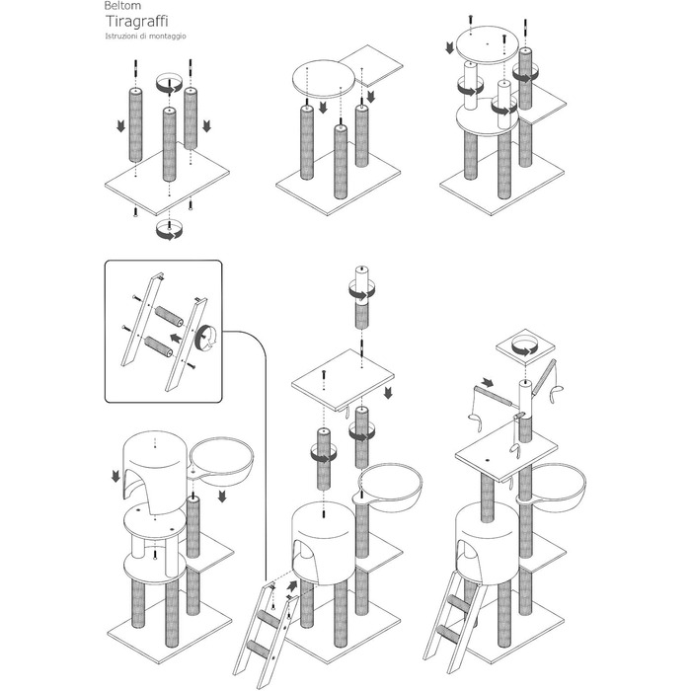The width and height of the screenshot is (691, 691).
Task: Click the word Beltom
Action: pos(122,6)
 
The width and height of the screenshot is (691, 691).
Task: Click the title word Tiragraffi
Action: pos(136,21)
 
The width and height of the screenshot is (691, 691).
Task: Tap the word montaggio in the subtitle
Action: pos(167,37)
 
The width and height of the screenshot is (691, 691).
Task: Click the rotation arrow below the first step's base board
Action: pos(170,230)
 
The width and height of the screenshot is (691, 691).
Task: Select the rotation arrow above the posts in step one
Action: pos(170,84)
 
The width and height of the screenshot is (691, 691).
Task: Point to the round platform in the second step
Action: pos(323,80)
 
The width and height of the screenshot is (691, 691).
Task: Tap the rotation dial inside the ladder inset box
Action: pos(205,339)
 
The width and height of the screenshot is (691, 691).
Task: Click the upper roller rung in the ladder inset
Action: pos(169,317)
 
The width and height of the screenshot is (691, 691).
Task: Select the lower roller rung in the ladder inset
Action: pos(159,346)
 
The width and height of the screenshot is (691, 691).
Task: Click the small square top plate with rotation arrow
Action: pos(525,347)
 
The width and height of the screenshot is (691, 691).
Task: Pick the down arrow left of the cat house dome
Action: pos(115,476)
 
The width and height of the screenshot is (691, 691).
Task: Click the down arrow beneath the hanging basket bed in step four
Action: pos(222,496)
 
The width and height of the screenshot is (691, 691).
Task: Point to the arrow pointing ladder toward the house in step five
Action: pos(292,586)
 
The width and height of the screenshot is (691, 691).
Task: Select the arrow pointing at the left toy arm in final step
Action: pos(488,382)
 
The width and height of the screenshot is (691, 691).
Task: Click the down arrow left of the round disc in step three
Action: pos(449,47)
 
